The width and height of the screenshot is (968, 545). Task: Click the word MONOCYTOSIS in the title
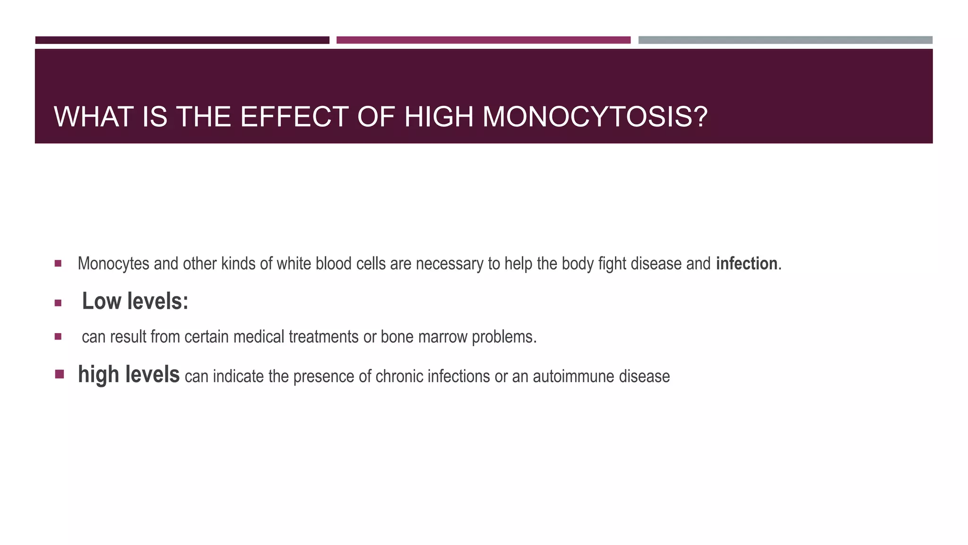(x=595, y=117)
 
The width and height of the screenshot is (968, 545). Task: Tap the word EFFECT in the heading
(x=294, y=117)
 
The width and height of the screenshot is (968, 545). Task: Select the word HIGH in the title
(x=439, y=117)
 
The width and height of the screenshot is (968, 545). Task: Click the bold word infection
(x=746, y=264)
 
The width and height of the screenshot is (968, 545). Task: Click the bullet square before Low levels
(x=58, y=303)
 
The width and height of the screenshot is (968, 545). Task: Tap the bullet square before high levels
(x=59, y=375)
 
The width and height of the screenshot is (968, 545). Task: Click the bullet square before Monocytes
(x=58, y=264)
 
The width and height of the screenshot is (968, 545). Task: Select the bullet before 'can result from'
(x=58, y=337)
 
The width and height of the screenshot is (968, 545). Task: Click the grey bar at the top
(x=785, y=40)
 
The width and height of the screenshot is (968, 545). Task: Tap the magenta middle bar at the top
(x=483, y=40)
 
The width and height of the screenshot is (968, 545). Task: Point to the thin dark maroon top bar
(x=182, y=40)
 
